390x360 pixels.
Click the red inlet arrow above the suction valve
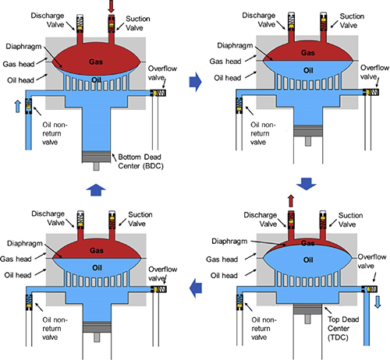coord(112,6)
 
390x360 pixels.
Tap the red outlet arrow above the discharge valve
coord(291,201)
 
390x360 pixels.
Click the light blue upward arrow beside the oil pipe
coord(18,107)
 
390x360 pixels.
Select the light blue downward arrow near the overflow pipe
coord(378,302)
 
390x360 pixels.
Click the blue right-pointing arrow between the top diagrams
coord(195,82)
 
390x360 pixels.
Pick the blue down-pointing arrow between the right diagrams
coord(306,184)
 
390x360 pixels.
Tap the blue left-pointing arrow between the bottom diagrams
coord(196,288)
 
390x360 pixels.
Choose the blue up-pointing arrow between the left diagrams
coord(96,190)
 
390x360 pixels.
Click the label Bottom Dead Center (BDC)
coord(140,161)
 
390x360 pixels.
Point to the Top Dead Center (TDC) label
coord(343,328)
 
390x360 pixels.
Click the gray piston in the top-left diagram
coord(96,157)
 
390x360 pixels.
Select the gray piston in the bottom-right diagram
coord(307,309)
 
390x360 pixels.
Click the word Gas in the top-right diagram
coord(308,53)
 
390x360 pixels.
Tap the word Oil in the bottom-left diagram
coord(97,268)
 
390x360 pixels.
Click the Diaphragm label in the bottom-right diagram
coord(229,242)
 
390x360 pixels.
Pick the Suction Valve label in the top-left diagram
coord(137,23)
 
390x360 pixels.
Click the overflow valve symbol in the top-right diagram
coord(371,92)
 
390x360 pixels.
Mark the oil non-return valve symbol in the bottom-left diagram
coord(29,302)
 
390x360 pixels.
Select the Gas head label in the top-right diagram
coord(225,62)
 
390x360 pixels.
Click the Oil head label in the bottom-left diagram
coord(18,275)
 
